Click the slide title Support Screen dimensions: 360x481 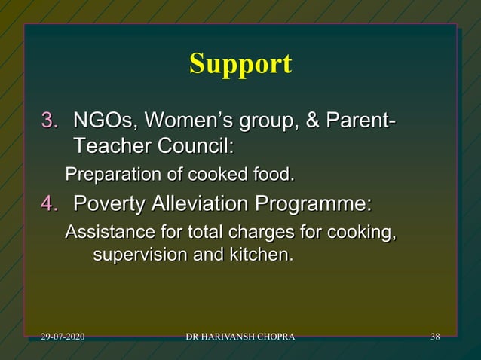[x=240, y=64]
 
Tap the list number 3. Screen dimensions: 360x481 [x=49, y=121]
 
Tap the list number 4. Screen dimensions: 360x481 [x=49, y=204]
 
